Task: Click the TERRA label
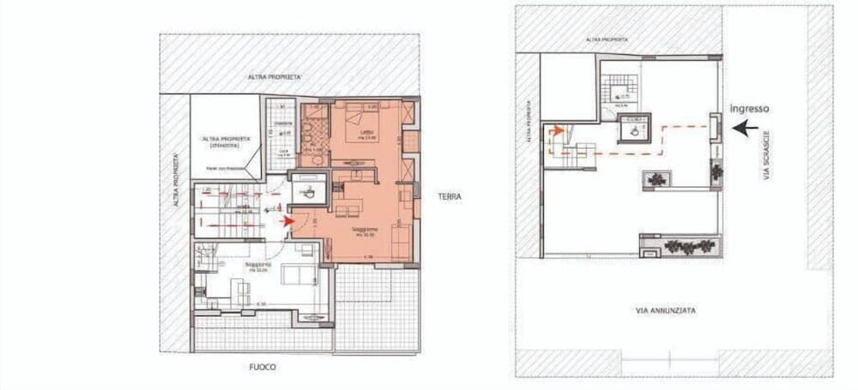(x=449, y=196)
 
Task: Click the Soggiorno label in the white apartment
(x=258, y=266)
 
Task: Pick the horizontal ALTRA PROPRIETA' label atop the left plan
(x=275, y=77)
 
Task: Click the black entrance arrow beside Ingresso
(x=746, y=128)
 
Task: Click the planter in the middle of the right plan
(x=657, y=180)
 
